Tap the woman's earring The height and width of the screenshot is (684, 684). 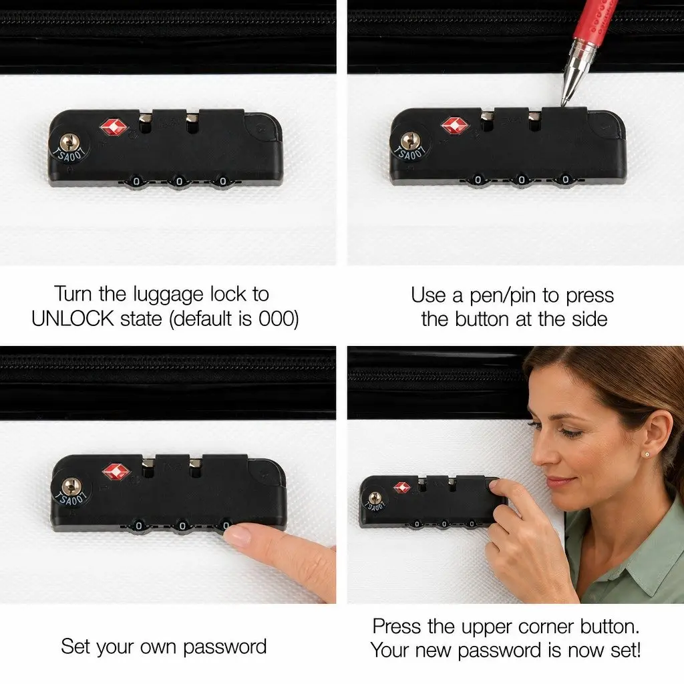(x=647, y=454)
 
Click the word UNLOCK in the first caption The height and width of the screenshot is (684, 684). (x=72, y=319)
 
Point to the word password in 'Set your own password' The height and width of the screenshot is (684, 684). (x=224, y=647)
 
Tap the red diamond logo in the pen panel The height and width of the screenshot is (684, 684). (x=454, y=126)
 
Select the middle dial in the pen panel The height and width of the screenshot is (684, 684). (x=521, y=180)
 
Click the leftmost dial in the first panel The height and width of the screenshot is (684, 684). (x=136, y=181)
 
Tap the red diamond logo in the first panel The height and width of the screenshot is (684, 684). (x=114, y=127)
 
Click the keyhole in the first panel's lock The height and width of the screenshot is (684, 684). (x=69, y=142)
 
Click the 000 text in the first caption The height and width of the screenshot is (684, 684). (x=275, y=319)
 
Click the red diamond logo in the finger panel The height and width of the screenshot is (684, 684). (x=116, y=472)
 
